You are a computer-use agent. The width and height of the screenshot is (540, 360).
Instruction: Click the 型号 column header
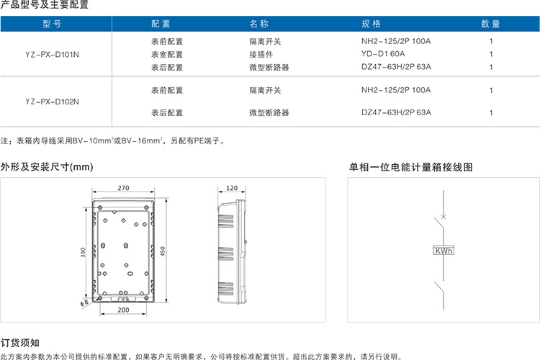(x=52, y=24)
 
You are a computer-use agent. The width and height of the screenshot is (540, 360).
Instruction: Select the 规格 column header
(x=371, y=24)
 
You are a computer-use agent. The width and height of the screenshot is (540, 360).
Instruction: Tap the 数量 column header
(x=490, y=24)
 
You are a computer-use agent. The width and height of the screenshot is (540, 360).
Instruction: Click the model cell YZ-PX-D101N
(x=52, y=55)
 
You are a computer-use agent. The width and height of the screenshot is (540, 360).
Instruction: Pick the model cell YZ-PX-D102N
(x=52, y=102)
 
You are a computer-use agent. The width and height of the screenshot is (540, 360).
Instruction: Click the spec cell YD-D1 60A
(x=383, y=54)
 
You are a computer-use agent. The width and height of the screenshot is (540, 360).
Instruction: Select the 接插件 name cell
(x=261, y=55)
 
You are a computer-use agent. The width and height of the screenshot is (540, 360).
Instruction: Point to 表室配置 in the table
(x=167, y=55)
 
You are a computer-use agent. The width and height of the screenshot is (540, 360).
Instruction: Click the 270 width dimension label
(x=123, y=188)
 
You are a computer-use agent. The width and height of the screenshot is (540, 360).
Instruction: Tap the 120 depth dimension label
(x=232, y=188)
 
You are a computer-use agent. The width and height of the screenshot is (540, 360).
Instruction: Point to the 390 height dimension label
(x=83, y=252)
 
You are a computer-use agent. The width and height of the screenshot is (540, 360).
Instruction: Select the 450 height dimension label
(x=163, y=251)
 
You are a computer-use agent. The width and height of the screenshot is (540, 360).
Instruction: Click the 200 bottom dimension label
(x=123, y=310)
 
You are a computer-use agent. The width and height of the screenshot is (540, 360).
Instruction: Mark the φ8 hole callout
(x=84, y=302)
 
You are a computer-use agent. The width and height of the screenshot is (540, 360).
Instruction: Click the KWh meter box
(x=444, y=251)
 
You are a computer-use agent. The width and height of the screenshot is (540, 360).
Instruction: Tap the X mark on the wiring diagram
(x=444, y=217)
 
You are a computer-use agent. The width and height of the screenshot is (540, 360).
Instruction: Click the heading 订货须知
(x=20, y=343)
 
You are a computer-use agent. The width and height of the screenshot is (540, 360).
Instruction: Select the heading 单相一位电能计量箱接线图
(x=411, y=167)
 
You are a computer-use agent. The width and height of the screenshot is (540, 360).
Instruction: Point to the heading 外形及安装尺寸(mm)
(x=47, y=167)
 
